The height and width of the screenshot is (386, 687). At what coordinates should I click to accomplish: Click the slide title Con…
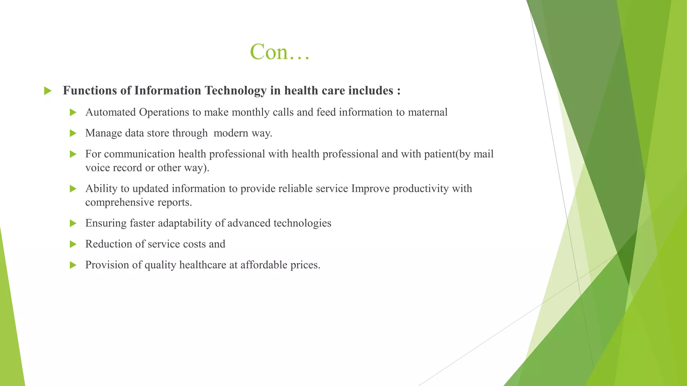279,52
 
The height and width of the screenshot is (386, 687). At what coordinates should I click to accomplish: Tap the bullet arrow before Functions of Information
48,91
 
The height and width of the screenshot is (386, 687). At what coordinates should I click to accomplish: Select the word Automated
111,112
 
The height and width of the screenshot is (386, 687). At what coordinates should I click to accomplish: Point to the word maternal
427,112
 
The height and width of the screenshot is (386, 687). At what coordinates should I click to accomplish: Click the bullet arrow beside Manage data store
73,133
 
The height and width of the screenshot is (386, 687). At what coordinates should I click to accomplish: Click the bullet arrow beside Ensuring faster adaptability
73,223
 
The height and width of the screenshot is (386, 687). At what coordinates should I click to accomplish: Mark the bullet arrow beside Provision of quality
73,265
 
